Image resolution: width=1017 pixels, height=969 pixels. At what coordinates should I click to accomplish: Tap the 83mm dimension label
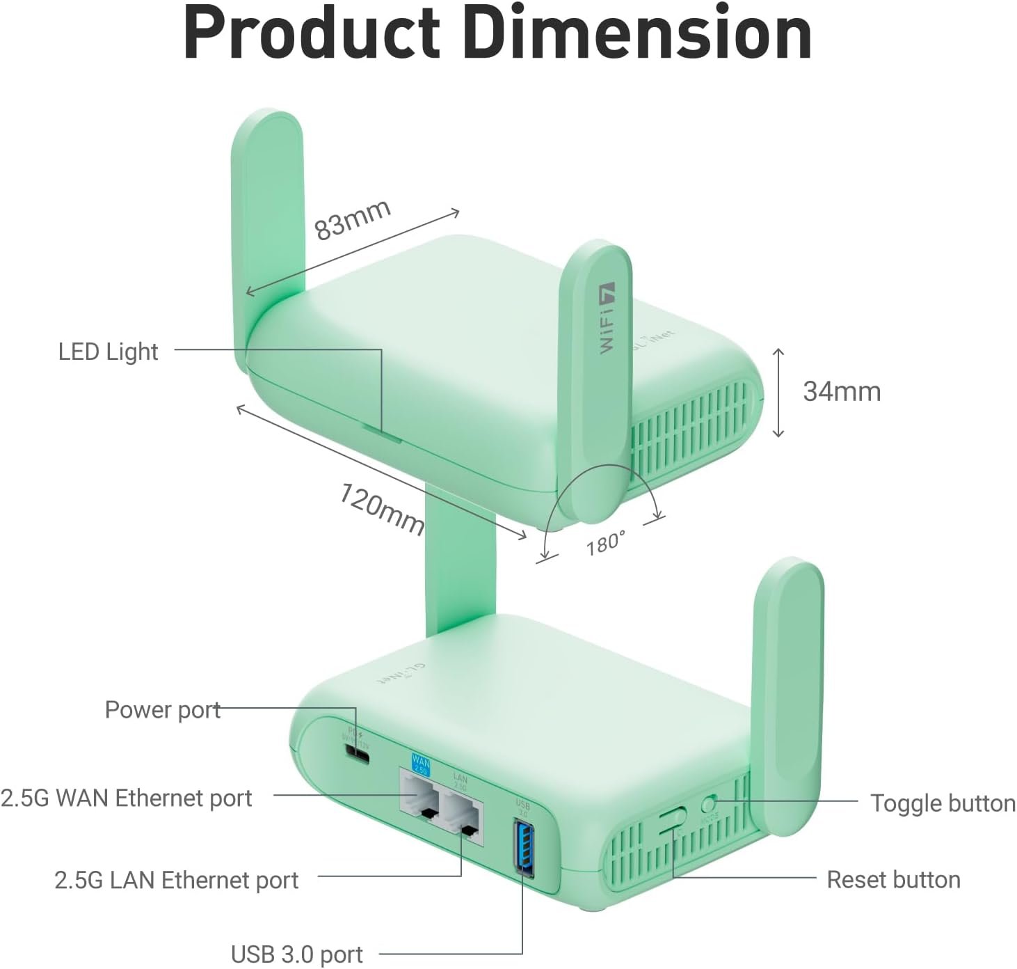[352, 219]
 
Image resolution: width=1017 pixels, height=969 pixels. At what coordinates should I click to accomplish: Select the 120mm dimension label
[382, 509]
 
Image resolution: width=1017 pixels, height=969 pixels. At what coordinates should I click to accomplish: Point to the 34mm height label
[842, 392]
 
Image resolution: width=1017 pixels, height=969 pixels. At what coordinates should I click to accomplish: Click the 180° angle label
[605, 542]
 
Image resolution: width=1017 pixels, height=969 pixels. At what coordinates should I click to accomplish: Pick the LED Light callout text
[108, 352]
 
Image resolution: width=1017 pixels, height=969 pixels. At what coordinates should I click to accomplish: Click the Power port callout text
[162, 709]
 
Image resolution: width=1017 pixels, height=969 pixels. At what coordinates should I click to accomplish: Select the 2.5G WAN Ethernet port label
[127, 798]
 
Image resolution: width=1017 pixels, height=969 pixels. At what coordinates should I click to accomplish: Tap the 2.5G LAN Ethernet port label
[176, 880]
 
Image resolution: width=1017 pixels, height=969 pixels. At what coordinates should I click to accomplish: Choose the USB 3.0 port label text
[296, 954]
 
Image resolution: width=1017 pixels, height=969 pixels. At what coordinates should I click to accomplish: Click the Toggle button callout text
[943, 803]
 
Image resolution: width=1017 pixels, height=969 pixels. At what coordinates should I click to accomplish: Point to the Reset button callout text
[893, 880]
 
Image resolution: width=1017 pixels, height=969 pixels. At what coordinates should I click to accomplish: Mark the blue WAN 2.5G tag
[422, 763]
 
